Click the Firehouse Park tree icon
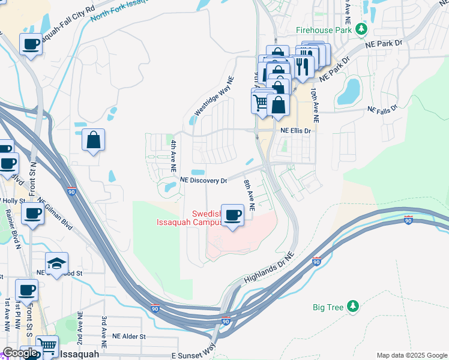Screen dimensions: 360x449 (x=361, y=29)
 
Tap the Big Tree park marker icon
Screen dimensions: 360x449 (x=353, y=307)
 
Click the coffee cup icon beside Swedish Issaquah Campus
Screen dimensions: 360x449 (x=232, y=214)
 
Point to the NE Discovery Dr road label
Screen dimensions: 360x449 (x=204, y=180)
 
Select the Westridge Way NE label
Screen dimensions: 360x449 (x=213, y=97)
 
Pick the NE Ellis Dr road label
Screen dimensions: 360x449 (x=295, y=130)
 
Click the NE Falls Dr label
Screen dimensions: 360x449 (x=382, y=110)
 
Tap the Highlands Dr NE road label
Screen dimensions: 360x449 (x=268, y=272)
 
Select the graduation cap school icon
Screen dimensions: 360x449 (x=56, y=263)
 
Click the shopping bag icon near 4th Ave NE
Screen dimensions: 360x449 (x=94, y=140)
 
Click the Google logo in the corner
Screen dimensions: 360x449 (x=20, y=353)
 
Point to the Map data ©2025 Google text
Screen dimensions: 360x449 (x=412, y=355)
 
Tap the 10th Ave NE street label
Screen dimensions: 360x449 (x=314, y=106)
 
